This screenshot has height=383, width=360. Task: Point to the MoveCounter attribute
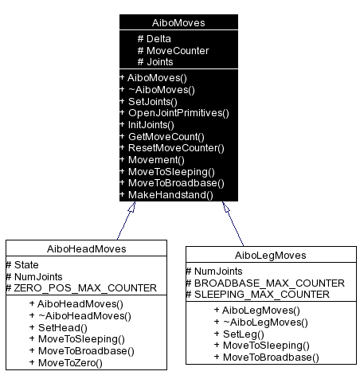[x=173, y=50]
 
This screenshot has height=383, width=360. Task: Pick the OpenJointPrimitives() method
[x=174, y=112]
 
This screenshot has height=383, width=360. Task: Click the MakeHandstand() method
[x=166, y=193]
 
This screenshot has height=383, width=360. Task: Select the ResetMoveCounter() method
[x=171, y=147]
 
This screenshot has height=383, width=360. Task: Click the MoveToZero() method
[x=70, y=362]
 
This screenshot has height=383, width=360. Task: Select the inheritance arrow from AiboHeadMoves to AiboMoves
[x=126, y=218]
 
